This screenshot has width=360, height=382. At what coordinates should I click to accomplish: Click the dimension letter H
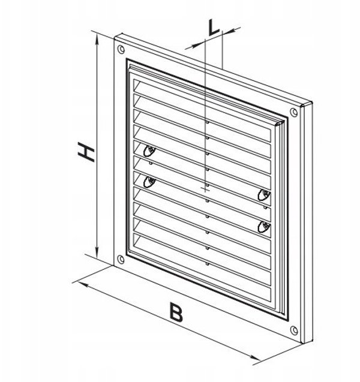[x=86, y=152]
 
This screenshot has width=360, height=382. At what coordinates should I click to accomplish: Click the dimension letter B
[x=176, y=312]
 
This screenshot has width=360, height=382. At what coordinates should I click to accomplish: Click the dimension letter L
[x=214, y=27]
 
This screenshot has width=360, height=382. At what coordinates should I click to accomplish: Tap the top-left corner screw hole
[x=121, y=49]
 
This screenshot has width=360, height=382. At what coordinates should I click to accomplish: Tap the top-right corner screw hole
[x=294, y=112]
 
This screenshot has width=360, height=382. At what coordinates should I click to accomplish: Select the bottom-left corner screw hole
[x=121, y=259]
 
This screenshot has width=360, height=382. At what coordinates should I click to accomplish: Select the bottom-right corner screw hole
[x=294, y=330]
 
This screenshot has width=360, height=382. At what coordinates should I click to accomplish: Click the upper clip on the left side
[x=149, y=151]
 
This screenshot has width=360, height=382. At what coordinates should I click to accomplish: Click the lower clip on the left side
[x=149, y=182]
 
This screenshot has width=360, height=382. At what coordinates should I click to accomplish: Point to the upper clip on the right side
[x=264, y=195]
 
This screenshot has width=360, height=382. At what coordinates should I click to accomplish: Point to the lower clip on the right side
[x=264, y=227]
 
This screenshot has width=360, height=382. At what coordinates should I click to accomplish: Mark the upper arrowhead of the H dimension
[x=97, y=40]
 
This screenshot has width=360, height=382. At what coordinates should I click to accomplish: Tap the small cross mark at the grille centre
[x=205, y=188]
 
